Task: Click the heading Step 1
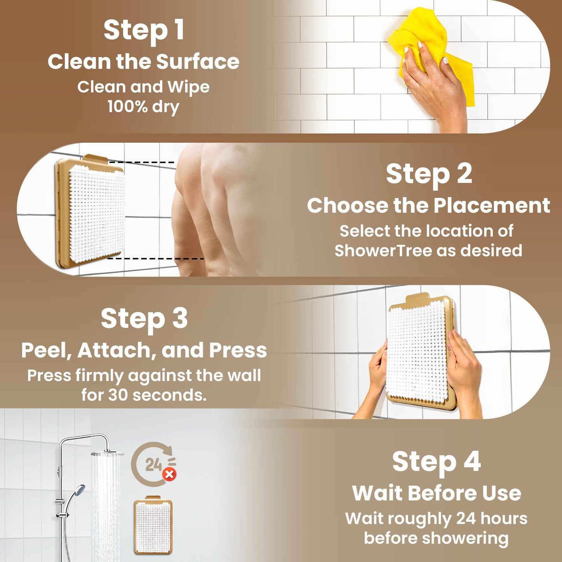tap(144, 30)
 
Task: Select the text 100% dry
tap(144, 106)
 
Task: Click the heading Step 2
tap(429, 174)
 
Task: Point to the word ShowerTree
tap(383, 250)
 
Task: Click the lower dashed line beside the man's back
tap(156, 258)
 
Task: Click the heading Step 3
tap(144, 319)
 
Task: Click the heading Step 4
tap(436, 462)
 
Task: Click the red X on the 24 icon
tap(169, 474)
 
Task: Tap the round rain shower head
tap(107, 453)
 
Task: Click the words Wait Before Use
tap(436, 493)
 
